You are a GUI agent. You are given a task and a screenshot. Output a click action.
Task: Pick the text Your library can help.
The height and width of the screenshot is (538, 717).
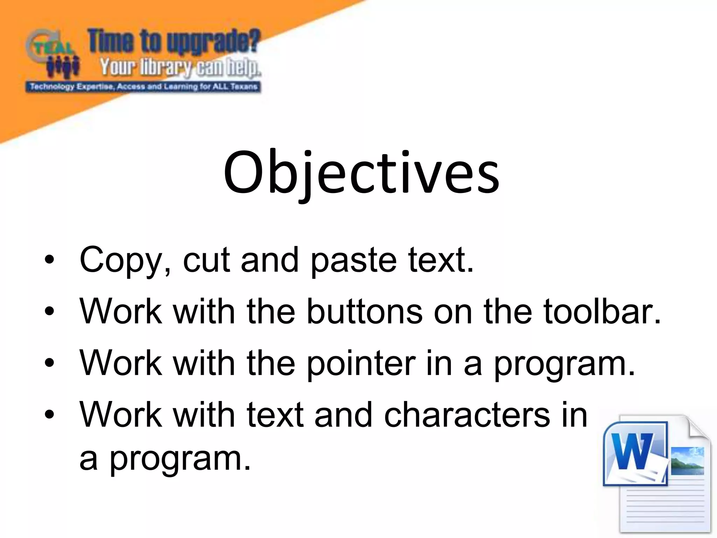[x=180, y=67]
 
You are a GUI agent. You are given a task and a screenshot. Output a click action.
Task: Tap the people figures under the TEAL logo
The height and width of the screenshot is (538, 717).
[x=63, y=67]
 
